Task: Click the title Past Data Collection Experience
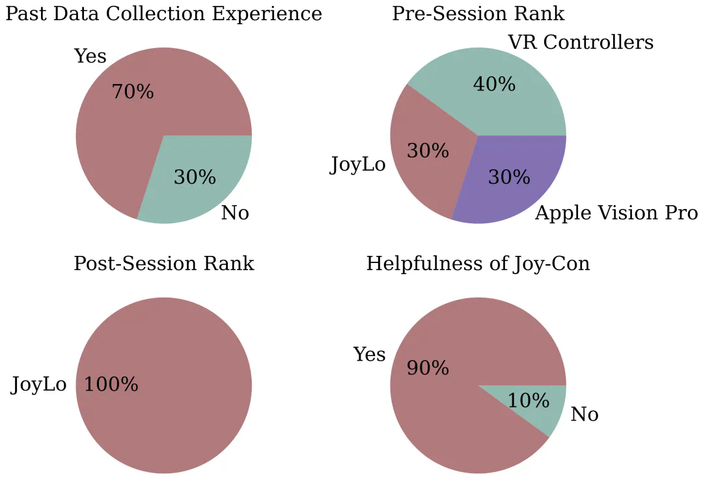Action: [163, 14]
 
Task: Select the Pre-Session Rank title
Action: [478, 14]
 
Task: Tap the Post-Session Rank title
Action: [163, 264]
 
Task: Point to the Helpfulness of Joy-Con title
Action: [478, 264]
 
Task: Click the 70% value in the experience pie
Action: [133, 92]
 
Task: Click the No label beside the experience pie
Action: [235, 213]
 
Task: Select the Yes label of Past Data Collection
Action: [90, 57]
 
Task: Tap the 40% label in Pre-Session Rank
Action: [494, 84]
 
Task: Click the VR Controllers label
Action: [580, 43]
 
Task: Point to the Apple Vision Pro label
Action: [616, 213]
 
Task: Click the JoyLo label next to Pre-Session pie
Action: [357, 165]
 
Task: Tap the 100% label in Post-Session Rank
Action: [111, 385]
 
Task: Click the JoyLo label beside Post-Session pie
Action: [38, 385]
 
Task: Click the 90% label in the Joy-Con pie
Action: [428, 368]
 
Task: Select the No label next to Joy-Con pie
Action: [584, 415]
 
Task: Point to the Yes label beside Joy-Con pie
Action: [369, 355]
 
